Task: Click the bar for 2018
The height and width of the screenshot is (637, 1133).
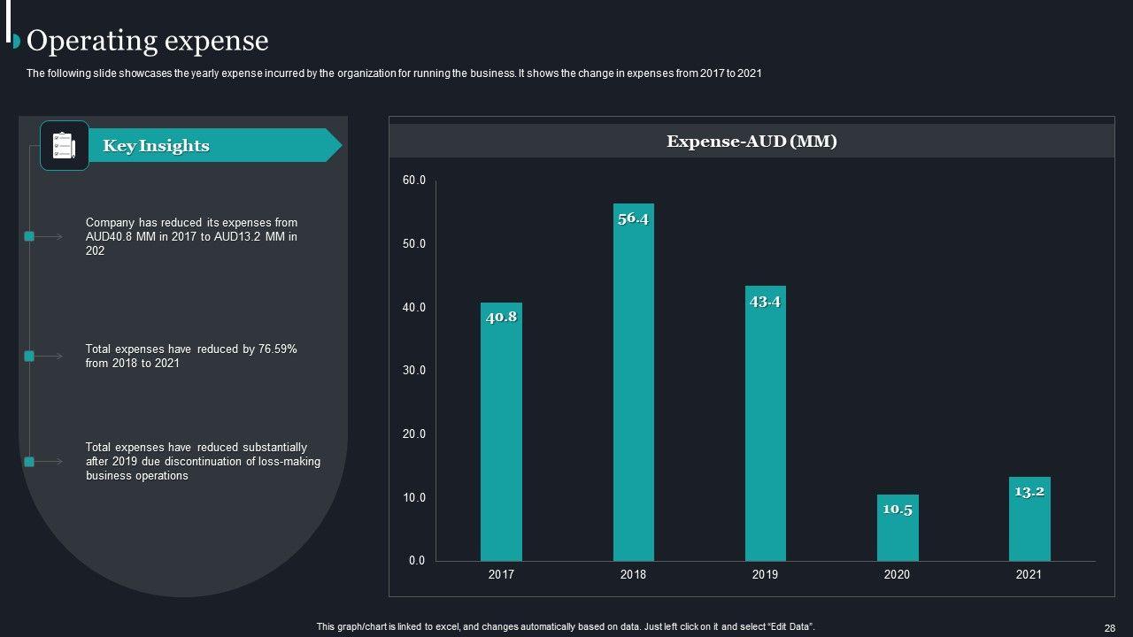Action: click(633, 389)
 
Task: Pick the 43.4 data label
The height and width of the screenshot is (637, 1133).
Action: click(765, 302)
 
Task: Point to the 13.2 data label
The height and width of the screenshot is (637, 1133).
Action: click(1029, 492)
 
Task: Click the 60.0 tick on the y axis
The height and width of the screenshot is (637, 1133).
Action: click(414, 180)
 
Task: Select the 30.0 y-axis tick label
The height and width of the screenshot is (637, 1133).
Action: click(414, 371)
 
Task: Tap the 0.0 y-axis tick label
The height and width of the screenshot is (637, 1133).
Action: click(417, 561)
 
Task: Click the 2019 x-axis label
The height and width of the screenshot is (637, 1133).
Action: click(765, 575)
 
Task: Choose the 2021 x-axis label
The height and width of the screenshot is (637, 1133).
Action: click(1029, 575)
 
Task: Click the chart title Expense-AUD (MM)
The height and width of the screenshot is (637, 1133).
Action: click(751, 141)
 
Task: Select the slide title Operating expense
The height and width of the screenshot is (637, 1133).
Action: click(148, 41)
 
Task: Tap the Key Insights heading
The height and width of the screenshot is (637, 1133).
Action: click(156, 146)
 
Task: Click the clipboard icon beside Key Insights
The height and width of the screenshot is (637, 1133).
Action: click(65, 145)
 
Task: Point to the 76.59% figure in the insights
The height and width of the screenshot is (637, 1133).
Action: click(277, 349)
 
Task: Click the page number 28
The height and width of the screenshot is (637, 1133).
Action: click(1109, 627)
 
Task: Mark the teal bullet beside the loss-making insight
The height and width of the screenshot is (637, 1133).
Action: click(29, 462)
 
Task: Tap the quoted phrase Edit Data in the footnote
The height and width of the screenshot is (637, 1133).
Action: click(790, 627)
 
